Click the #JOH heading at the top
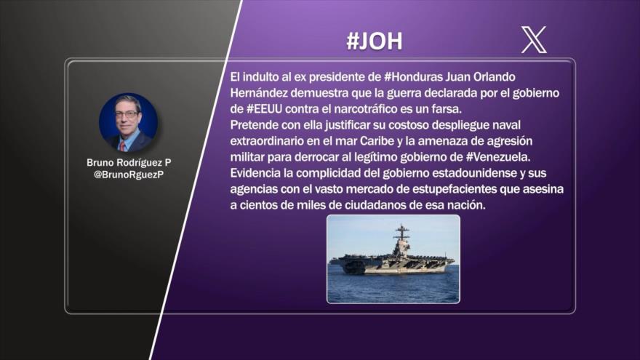click(x=374, y=41)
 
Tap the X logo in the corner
click(x=534, y=40)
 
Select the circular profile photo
click(x=128, y=122)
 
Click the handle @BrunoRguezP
click(x=129, y=175)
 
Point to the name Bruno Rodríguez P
click(x=129, y=163)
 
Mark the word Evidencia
click(x=255, y=174)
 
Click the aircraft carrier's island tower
click(x=401, y=244)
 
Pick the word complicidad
click(x=335, y=174)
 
